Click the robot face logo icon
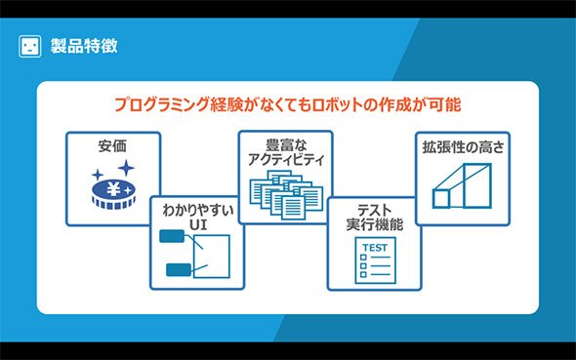click(x=29, y=46)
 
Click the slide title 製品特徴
click(x=84, y=46)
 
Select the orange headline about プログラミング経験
click(x=288, y=104)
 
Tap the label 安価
click(x=112, y=146)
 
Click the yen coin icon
click(x=113, y=194)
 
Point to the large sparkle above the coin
click(x=126, y=168)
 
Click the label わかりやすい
click(x=198, y=211)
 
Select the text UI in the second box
click(x=198, y=224)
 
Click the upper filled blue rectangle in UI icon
click(x=172, y=236)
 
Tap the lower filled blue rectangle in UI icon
click(x=179, y=269)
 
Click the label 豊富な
click(x=286, y=145)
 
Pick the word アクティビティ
click(x=286, y=160)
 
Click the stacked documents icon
click(x=286, y=195)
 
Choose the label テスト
click(x=374, y=211)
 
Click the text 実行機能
click(x=374, y=224)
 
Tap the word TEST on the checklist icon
click(x=375, y=248)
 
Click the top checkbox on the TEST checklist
click(x=363, y=258)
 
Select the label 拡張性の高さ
click(x=463, y=147)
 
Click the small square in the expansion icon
click(x=441, y=198)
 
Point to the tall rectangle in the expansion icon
click(x=477, y=185)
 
